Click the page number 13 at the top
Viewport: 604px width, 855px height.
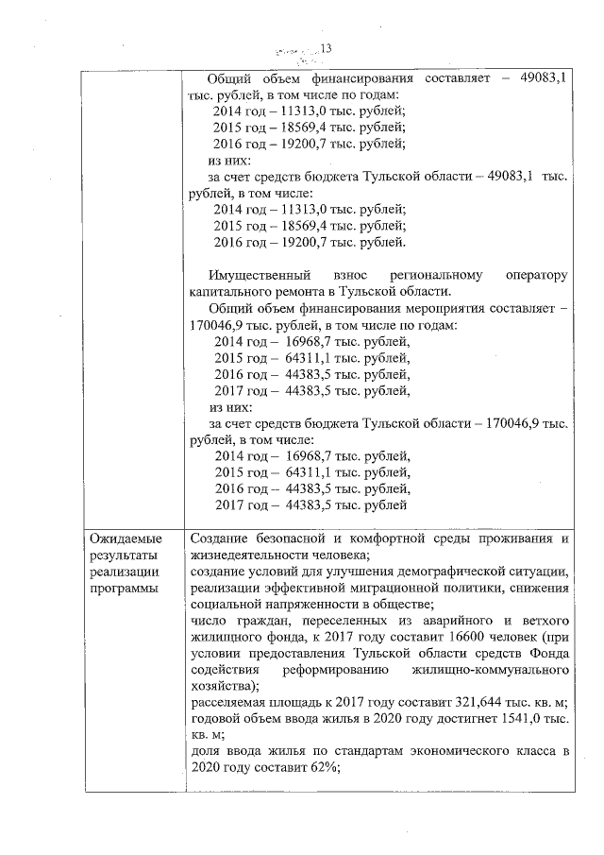tap(327, 49)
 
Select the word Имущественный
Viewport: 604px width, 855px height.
tap(250, 275)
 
